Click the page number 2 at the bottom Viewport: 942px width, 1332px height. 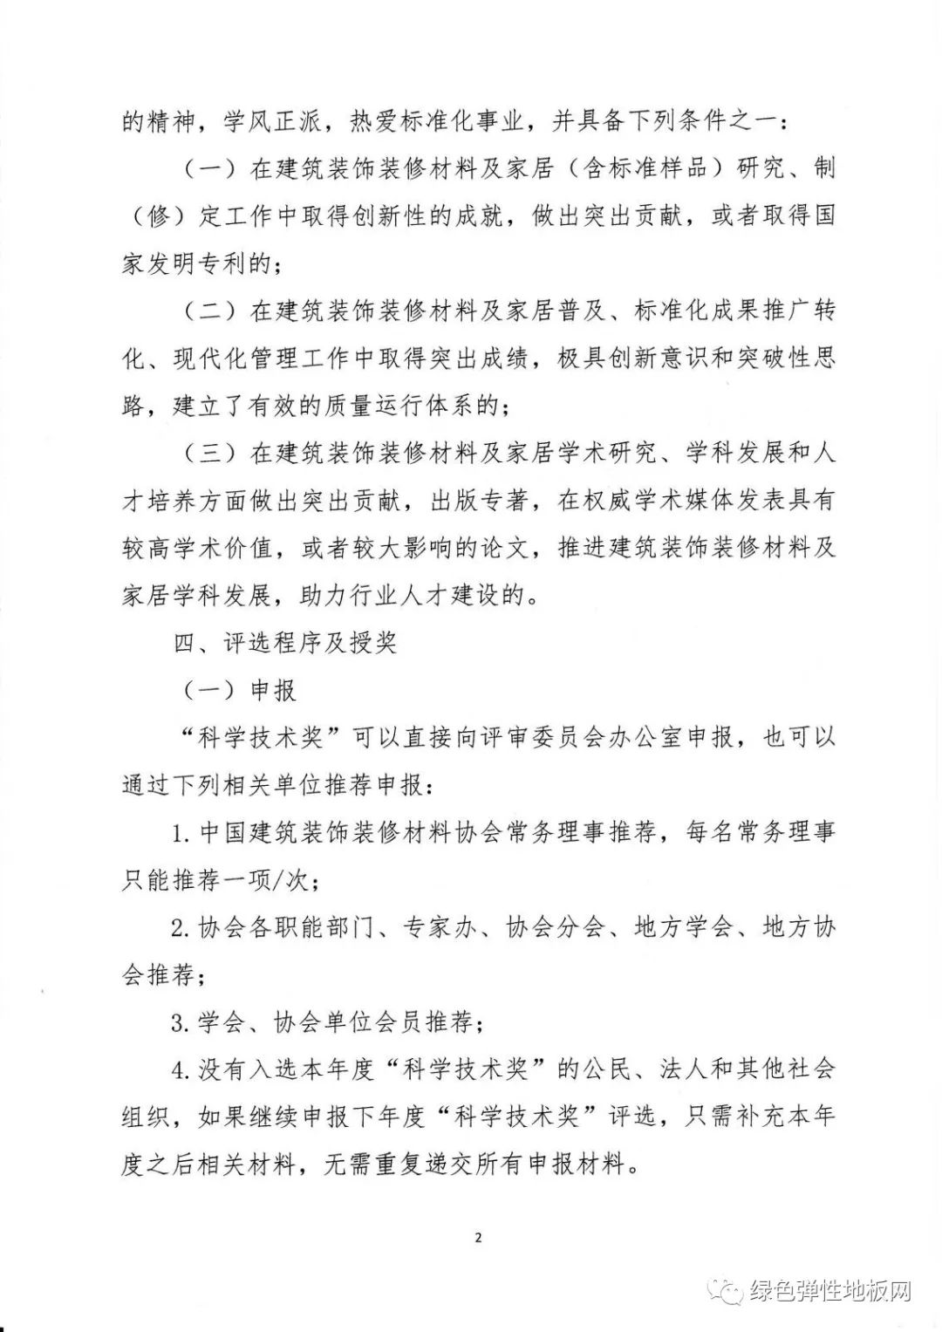click(x=478, y=1237)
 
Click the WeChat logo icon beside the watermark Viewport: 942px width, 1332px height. click(x=723, y=1291)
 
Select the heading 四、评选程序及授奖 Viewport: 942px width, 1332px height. click(x=285, y=644)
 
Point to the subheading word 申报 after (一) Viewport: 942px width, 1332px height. click(x=274, y=691)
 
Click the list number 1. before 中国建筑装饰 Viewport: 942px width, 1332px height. click(x=181, y=834)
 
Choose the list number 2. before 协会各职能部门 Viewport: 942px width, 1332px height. click(x=181, y=928)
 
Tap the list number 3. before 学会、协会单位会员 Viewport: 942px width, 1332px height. click(x=181, y=1022)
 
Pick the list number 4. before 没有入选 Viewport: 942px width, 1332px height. click(x=181, y=1069)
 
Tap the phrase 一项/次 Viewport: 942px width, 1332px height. click(x=261, y=881)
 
